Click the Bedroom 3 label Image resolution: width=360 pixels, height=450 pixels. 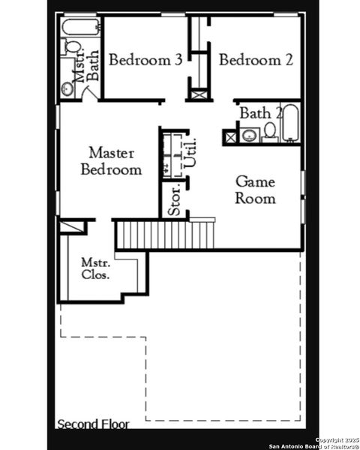(145, 60)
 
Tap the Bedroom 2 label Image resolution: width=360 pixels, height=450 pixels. (256, 60)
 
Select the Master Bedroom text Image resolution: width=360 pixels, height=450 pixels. (111, 161)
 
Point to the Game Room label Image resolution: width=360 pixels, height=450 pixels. (255, 190)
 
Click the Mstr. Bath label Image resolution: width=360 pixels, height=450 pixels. (87, 65)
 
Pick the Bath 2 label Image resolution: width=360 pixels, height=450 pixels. (260, 113)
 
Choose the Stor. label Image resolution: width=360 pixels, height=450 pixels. (173, 201)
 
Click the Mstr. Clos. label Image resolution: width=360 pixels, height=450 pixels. (96, 268)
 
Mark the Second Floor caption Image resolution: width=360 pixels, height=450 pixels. (93, 424)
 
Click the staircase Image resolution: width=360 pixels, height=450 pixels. (163, 234)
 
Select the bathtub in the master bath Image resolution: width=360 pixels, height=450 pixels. (79, 29)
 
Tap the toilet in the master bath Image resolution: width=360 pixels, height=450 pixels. (72, 47)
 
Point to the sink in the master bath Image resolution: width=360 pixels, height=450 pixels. (68, 88)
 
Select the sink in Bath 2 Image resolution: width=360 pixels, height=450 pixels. (248, 136)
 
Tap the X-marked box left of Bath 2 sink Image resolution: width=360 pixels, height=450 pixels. (229, 136)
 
